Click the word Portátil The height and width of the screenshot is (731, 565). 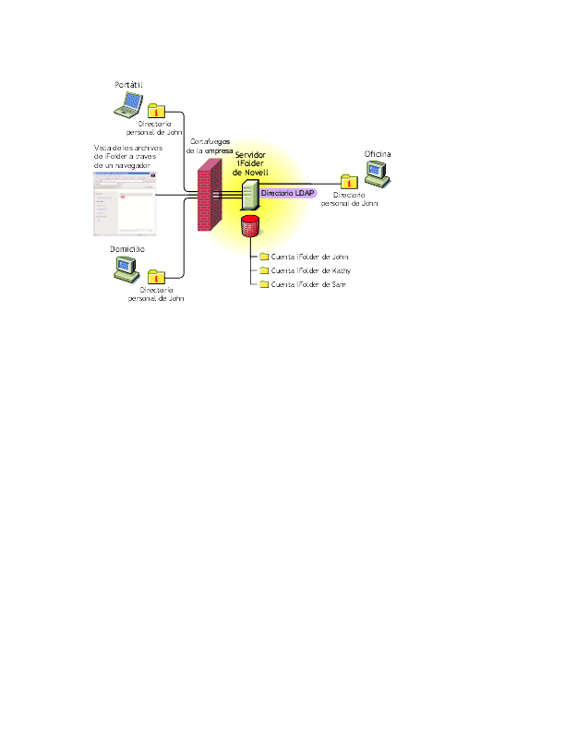click(128, 85)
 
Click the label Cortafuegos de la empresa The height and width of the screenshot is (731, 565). click(209, 145)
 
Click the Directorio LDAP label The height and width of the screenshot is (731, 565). click(288, 194)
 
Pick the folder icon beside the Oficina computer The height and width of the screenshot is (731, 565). click(349, 182)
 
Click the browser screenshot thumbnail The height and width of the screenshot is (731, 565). click(126, 209)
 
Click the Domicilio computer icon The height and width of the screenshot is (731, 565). click(126, 267)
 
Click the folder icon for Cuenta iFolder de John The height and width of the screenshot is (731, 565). click(263, 257)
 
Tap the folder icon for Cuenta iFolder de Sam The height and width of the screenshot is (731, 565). click(263, 285)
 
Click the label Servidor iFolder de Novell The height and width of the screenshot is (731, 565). click(251, 163)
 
